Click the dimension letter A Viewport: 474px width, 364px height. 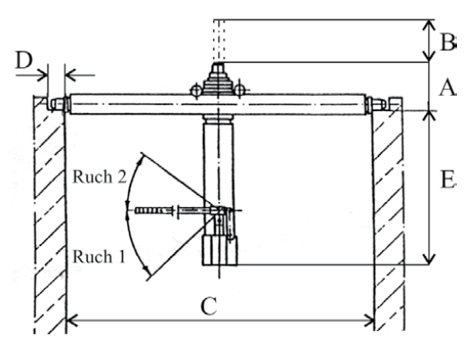pos(448,88)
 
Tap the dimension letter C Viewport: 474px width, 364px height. pos(209,306)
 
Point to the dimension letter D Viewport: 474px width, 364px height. pos(24,59)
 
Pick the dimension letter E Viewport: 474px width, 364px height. pos(449,180)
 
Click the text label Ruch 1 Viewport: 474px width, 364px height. pos(99,257)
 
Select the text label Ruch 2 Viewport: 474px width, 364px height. pos(99,176)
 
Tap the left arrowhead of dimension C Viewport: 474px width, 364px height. pos(72,320)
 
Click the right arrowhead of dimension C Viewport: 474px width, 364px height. pos(369,320)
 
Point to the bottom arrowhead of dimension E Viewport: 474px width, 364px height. pos(429,260)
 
